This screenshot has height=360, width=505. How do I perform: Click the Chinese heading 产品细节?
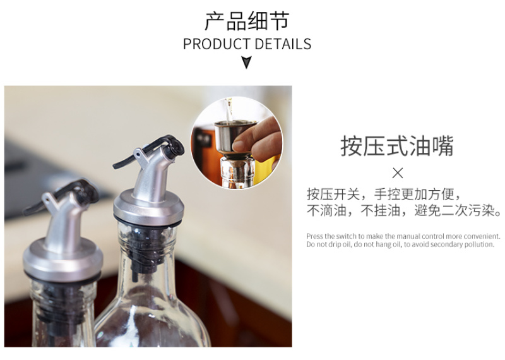click(247, 21)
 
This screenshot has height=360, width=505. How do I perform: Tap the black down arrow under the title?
click(247, 62)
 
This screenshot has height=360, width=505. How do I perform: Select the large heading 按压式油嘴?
click(397, 146)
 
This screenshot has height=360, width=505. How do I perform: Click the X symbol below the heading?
click(398, 174)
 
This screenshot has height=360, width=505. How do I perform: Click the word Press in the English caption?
click(314, 236)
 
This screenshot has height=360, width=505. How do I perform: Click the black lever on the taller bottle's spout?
click(151, 150)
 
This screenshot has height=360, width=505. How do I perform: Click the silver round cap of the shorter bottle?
click(62, 260)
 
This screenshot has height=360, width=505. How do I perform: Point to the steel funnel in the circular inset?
click(235, 138)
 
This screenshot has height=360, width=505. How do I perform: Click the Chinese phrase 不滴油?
click(326, 211)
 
